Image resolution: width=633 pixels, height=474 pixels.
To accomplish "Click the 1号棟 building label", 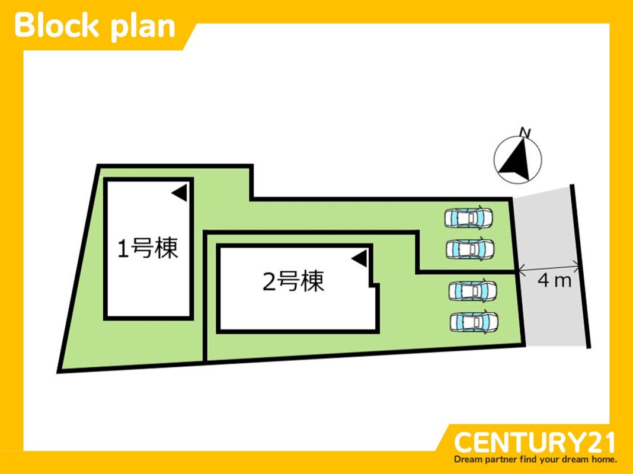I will coord(148,249).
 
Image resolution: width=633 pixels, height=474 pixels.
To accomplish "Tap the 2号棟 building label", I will coord(294,282).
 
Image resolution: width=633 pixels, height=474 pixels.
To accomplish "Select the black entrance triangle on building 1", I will coord(180,193).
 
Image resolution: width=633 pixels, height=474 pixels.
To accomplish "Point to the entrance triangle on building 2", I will coord(359,258).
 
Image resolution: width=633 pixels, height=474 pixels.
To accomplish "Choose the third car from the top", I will coord(472,290).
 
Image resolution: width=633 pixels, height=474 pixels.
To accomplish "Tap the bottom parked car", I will coord(474,322).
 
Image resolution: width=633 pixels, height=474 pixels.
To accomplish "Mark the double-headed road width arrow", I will coord(548,267).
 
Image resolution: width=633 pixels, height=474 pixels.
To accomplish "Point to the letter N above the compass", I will coord(524,132).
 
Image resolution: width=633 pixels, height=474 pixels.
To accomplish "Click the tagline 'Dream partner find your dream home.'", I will coord(535,459).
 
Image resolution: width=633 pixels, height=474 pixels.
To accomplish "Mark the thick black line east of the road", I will coord(581,267).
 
